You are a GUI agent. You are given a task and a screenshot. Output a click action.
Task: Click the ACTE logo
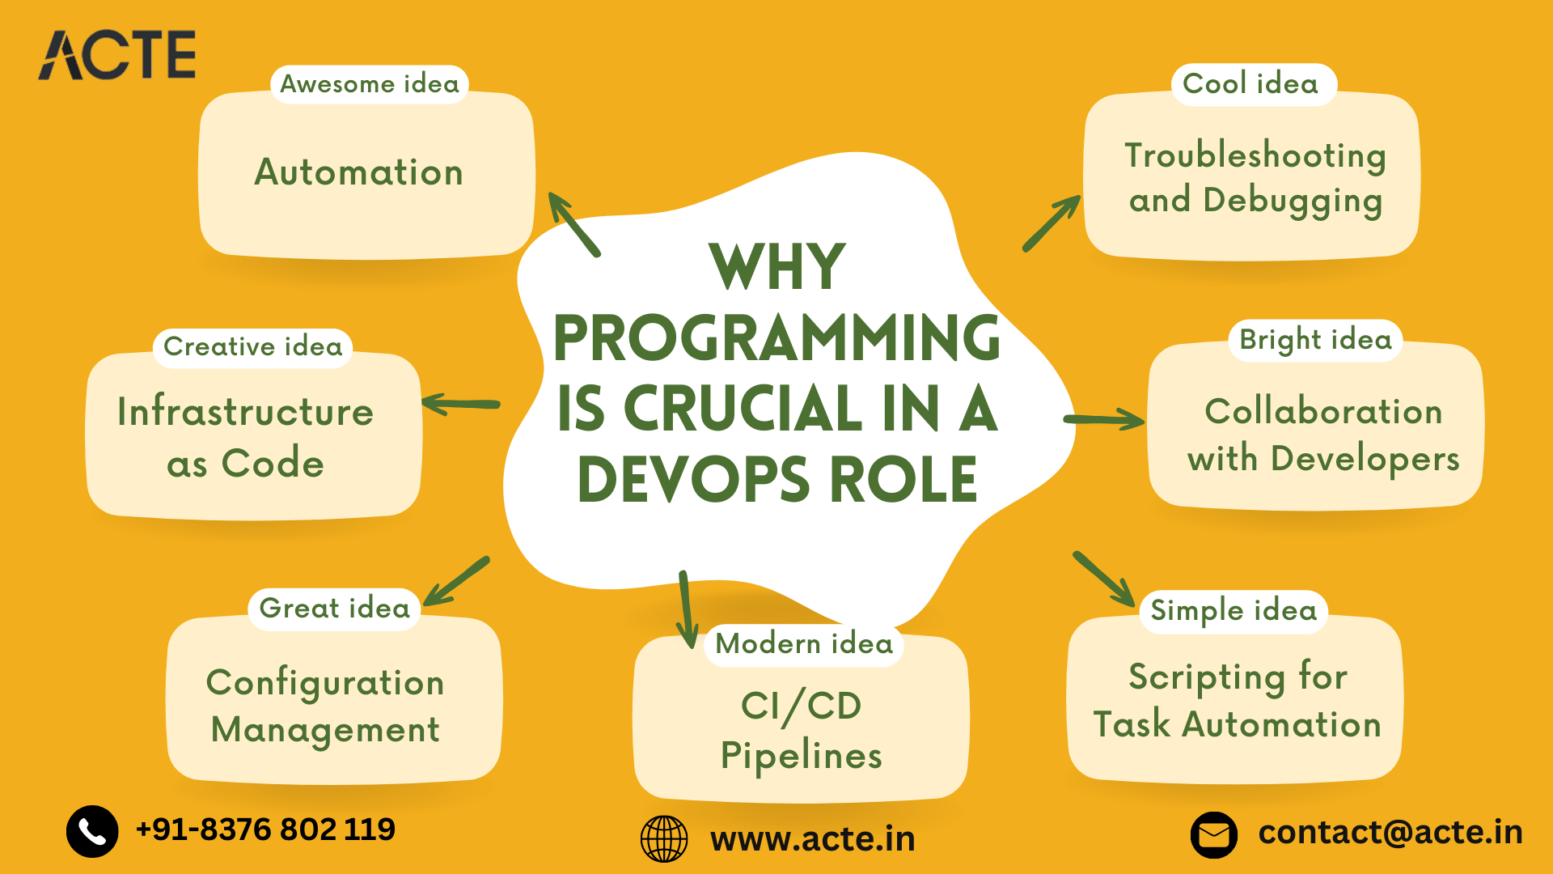tap(117, 55)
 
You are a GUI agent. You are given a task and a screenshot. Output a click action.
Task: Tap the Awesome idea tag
tap(369, 84)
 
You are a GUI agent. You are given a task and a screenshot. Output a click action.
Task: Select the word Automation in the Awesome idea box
tap(359, 172)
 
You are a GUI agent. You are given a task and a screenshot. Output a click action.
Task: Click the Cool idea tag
tap(1250, 84)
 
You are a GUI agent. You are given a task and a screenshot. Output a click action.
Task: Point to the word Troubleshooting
tap(1255, 155)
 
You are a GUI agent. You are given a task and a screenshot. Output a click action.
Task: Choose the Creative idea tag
tap(252, 347)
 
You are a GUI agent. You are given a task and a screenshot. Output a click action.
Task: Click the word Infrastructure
tap(245, 412)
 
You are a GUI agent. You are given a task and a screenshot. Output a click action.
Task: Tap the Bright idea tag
tap(1315, 340)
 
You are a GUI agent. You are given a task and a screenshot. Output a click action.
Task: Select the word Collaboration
tap(1323, 412)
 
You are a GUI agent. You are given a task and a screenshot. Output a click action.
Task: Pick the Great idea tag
tap(334, 609)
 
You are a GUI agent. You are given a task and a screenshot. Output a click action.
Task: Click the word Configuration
tap(325, 683)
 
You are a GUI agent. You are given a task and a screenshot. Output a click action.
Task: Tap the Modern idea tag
tap(804, 644)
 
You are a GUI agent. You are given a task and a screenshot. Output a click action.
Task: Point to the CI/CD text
tap(801, 706)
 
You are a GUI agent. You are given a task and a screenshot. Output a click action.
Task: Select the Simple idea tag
tap(1234, 611)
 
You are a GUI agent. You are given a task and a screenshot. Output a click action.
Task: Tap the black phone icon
tap(92, 831)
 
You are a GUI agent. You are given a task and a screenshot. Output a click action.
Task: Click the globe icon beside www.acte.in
tap(664, 839)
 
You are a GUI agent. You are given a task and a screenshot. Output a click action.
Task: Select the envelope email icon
tap(1213, 834)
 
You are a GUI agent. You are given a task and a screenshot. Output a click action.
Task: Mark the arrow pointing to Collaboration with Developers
tap(1104, 419)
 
